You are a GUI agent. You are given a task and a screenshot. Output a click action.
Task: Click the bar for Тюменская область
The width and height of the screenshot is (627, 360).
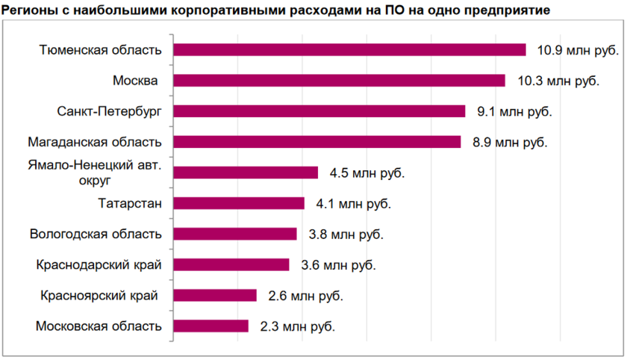tap(349, 50)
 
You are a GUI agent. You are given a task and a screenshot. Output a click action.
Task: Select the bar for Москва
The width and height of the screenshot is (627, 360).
tap(339, 81)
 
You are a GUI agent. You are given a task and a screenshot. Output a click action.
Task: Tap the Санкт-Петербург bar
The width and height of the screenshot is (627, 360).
tap(319, 111)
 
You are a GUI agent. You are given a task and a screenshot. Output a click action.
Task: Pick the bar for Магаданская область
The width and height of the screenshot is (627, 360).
tap(316, 142)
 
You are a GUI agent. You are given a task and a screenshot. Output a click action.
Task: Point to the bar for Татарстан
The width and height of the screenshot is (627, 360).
tap(239, 203)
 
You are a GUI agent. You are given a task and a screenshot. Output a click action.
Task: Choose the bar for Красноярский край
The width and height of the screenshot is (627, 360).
tap(215, 295)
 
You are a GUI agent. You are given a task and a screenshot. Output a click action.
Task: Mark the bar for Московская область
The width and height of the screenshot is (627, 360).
tap(210, 326)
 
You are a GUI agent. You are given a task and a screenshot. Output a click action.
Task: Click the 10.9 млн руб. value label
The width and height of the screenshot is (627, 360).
tap(578, 50)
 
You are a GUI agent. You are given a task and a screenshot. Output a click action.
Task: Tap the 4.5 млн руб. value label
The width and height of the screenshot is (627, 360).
tap(367, 173)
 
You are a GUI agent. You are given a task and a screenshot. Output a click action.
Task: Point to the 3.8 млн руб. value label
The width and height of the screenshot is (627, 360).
tap(346, 234)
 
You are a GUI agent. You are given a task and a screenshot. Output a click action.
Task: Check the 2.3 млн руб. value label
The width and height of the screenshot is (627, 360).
tap(297, 326)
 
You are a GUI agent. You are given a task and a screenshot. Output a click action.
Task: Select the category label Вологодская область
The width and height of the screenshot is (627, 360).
tap(96, 234)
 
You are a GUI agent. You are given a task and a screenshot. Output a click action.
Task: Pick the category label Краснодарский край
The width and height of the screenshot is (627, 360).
tap(99, 264)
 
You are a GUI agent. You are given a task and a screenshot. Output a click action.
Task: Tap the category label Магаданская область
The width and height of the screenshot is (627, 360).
tap(94, 142)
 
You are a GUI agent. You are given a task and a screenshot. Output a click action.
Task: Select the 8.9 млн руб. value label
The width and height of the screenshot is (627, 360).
tap(510, 142)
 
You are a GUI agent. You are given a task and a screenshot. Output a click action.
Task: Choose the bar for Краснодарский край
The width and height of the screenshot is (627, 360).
tap(231, 264)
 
